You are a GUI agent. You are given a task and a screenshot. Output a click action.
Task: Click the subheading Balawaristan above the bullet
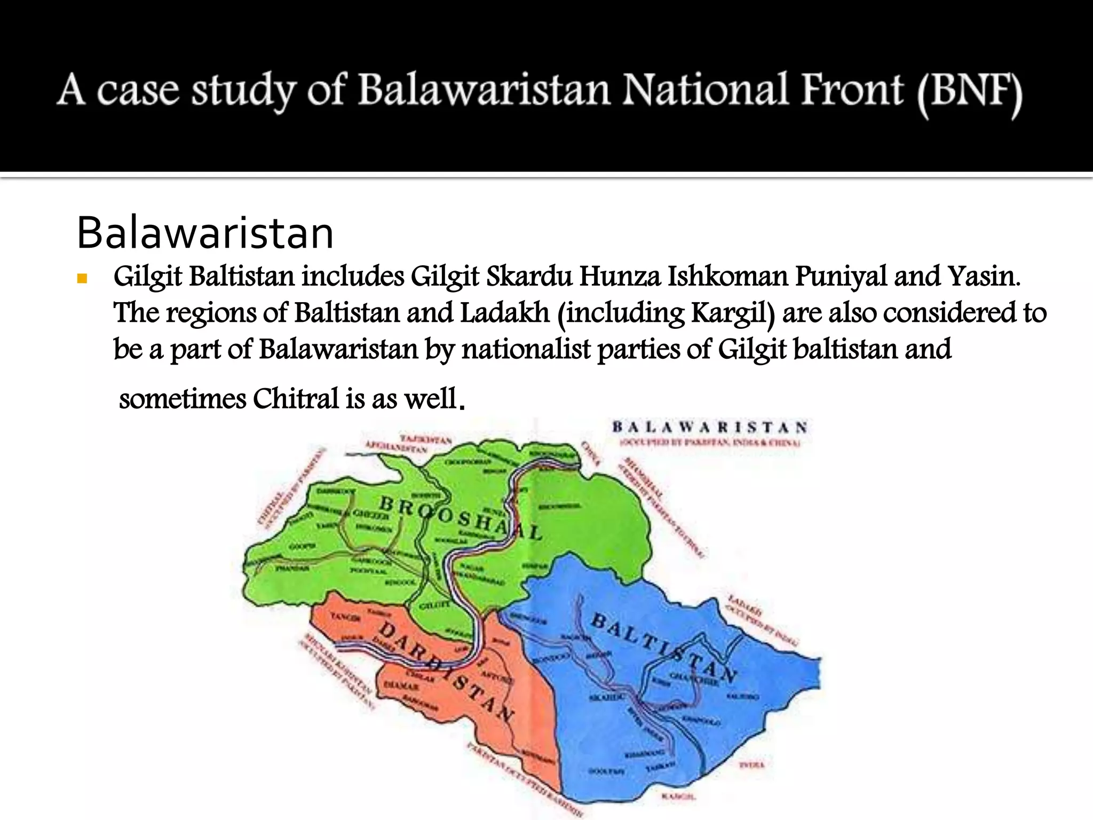[x=205, y=233]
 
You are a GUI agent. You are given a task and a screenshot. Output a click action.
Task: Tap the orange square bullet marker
[x=82, y=278]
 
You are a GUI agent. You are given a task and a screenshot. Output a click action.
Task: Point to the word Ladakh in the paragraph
[x=504, y=313]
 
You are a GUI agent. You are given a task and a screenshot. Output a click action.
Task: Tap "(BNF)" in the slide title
[x=969, y=92]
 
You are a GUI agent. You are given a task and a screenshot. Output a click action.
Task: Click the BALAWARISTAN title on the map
[x=709, y=427]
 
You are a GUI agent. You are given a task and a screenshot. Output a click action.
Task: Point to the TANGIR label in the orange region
[x=345, y=617]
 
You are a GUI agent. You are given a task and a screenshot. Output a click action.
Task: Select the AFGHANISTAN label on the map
[x=396, y=447]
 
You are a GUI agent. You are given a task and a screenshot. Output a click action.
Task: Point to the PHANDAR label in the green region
[x=292, y=569]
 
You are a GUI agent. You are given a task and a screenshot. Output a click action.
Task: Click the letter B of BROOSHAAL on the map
[x=386, y=503]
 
